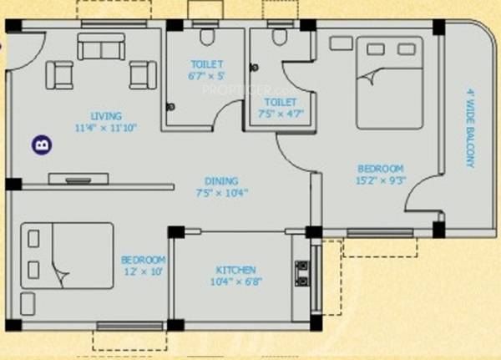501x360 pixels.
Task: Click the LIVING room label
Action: [x=107, y=115]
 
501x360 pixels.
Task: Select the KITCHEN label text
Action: [x=235, y=270]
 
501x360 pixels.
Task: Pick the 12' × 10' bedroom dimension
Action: [x=144, y=272]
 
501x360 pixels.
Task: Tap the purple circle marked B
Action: [x=40, y=145]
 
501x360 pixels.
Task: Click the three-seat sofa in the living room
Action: [x=101, y=47]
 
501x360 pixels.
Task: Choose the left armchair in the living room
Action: [x=59, y=75]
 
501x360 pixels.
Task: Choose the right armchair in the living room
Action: [x=143, y=75]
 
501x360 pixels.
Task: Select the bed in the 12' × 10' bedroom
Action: [x=67, y=255]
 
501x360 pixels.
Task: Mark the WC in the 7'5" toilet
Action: [x=276, y=37]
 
